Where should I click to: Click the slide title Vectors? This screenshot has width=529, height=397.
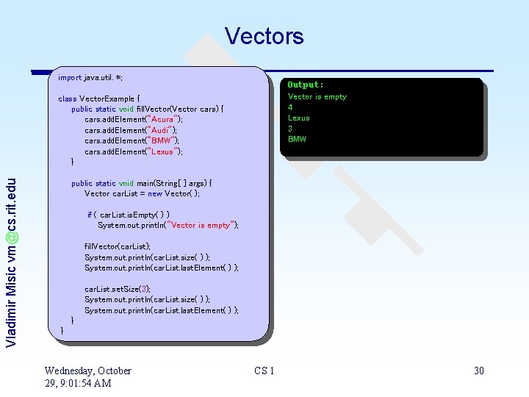click(264, 36)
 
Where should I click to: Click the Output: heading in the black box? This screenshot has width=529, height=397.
click(305, 85)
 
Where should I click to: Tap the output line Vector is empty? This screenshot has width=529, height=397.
click(317, 96)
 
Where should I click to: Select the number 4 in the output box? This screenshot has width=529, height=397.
click(290, 107)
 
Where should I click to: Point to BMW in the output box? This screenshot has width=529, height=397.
click(297, 139)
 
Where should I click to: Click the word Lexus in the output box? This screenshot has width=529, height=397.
click(298, 118)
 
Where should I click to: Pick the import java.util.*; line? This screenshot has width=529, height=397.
click(90, 77)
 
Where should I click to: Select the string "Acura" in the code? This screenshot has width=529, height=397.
click(160, 119)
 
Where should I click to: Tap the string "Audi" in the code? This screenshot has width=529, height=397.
click(158, 130)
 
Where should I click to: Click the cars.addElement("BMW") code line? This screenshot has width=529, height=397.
click(132, 140)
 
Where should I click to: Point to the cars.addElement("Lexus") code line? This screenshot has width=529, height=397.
click(133, 151)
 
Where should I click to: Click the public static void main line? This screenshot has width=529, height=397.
click(141, 183)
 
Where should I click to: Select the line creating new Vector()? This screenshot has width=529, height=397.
click(142, 193)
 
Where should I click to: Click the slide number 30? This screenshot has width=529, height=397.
click(479, 371)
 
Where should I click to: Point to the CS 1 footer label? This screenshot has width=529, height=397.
click(264, 371)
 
